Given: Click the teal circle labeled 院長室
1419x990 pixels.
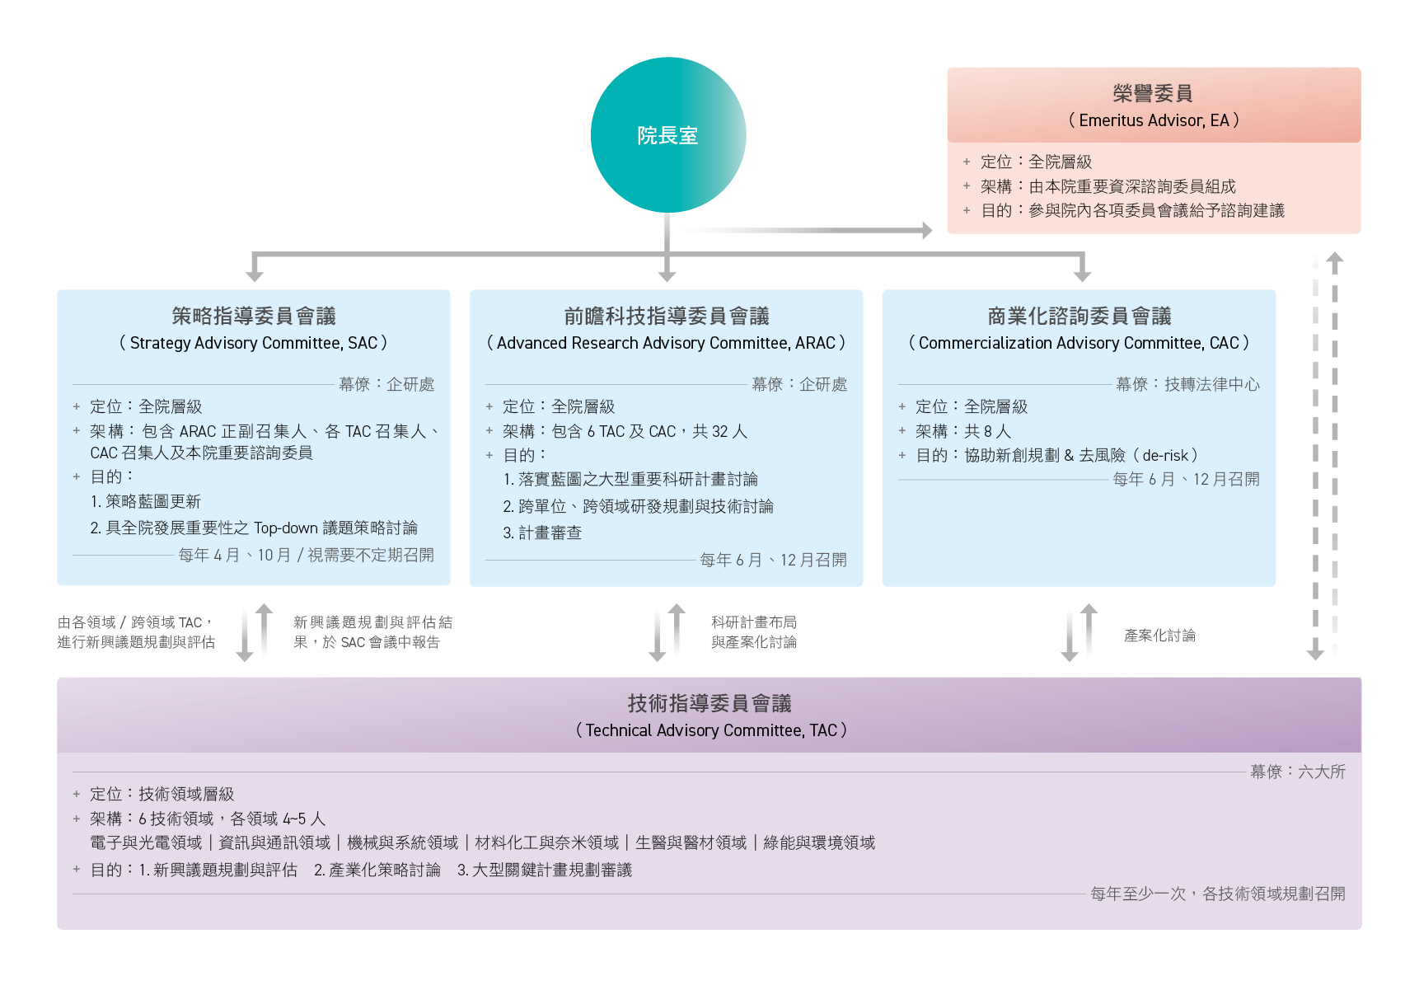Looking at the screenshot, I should point(667,135).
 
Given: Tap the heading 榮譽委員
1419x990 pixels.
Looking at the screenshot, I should point(1153,93).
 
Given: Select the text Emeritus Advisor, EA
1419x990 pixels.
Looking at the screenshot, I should point(1154,120).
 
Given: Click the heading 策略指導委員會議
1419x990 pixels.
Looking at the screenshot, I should point(254,316).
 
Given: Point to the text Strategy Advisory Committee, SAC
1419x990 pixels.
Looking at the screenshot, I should point(254,343).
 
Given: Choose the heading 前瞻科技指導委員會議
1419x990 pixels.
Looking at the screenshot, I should point(666,316).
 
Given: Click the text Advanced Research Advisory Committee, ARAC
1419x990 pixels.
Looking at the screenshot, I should point(666,343).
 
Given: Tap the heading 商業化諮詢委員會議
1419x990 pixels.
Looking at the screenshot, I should point(1079,316).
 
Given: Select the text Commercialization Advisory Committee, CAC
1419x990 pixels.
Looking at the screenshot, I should point(1079,343).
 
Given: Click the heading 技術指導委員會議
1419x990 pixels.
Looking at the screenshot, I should point(709,703).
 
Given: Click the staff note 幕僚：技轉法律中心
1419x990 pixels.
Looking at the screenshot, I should point(1187,384).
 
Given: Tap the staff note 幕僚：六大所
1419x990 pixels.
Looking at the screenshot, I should point(1297,772).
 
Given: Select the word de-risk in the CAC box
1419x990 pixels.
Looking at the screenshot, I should point(1165,455).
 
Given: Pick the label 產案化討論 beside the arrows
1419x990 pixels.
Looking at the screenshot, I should point(1159,636).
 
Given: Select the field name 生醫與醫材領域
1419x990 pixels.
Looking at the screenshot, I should point(691,842).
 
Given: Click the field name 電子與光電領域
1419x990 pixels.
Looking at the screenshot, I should point(146,842).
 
